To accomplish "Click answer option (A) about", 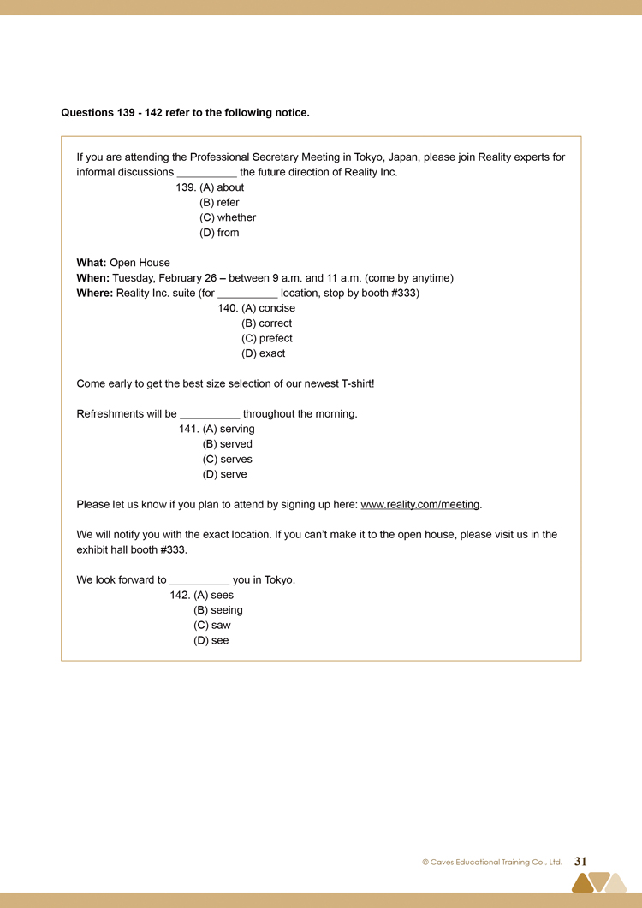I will tap(222, 187).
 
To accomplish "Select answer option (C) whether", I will tap(228, 217).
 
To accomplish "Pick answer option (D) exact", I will tap(263, 353).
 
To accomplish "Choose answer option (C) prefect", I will tap(266, 338).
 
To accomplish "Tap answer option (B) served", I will tap(227, 444).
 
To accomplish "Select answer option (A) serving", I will tap(229, 429).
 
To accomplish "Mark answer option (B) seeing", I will tap(218, 610).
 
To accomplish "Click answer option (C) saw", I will tap(212, 626).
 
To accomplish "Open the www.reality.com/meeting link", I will tap(419, 505).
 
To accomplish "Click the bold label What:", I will tap(92, 263).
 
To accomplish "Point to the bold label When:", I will tap(92, 278).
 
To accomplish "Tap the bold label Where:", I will tap(95, 294).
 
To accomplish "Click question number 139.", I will tap(186, 187).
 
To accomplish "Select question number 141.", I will tap(189, 429).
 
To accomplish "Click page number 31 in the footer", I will tap(580, 862).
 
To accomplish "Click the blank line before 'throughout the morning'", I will tap(210, 415).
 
